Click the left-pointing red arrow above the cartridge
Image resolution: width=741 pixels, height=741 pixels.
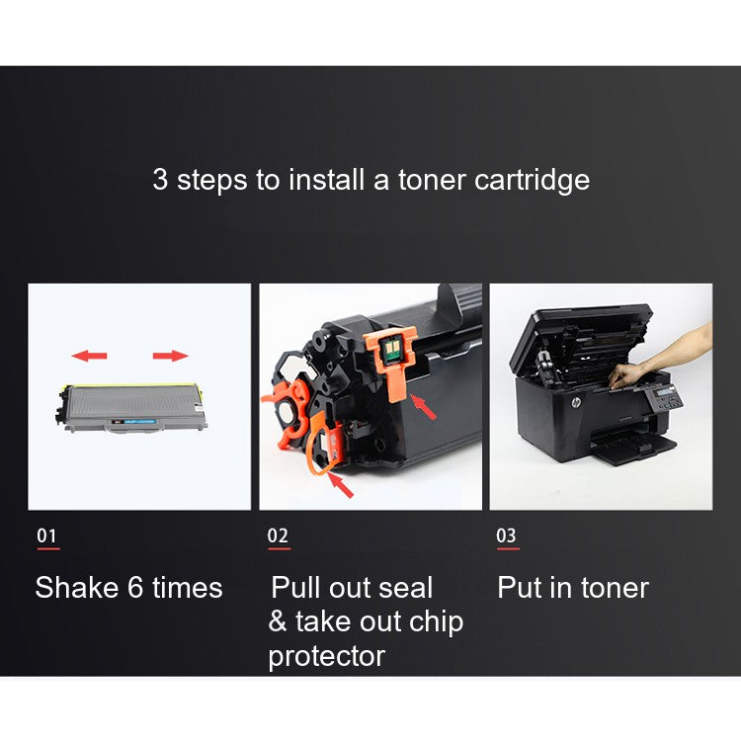[x=91, y=355]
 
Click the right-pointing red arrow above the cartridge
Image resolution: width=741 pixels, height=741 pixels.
[x=170, y=355]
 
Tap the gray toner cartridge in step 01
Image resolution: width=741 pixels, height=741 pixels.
[x=134, y=406]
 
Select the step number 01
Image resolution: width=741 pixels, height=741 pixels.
[x=46, y=536]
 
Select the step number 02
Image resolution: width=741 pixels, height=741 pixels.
[x=278, y=536]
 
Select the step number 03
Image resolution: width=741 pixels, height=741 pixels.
[x=506, y=536]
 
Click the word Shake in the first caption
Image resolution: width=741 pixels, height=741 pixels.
[x=76, y=588]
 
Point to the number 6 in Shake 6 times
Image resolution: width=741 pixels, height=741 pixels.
[x=136, y=588]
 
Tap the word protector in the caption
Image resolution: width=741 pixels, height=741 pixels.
[x=326, y=655]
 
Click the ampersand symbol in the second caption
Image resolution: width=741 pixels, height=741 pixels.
[x=277, y=622]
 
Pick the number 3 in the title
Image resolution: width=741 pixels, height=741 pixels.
[x=160, y=181]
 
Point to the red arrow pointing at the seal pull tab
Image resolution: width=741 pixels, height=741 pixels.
[x=339, y=484]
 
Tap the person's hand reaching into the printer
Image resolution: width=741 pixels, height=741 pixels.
[x=632, y=371]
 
